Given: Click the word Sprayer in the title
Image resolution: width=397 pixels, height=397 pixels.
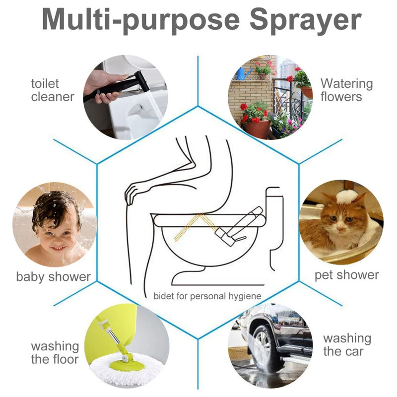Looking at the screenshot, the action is [x=305, y=21].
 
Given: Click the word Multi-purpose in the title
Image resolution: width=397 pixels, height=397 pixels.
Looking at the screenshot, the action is [x=141, y=21].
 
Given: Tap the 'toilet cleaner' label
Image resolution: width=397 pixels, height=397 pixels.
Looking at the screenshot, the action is [x=53, y=90].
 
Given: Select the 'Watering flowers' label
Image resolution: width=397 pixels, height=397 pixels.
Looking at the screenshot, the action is [x=346, y=90].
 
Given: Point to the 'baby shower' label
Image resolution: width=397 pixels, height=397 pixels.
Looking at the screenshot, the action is [x=54, y=276].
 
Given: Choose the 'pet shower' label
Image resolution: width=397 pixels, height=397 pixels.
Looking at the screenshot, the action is [x=346, y=275].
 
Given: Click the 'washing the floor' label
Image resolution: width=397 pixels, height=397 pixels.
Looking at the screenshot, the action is [x=55, y=353].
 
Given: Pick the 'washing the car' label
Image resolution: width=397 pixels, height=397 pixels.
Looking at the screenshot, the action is [x=347, y=345].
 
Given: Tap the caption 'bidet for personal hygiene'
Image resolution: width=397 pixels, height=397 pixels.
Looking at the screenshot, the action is [x=207, y=296].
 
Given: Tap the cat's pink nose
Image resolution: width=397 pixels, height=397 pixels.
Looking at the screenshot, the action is [x=341, y=229].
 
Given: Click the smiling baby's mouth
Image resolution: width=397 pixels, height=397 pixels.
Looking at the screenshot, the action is [x=59, y=248].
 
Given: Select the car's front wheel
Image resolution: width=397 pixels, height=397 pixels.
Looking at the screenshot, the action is [x=264, y=349].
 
